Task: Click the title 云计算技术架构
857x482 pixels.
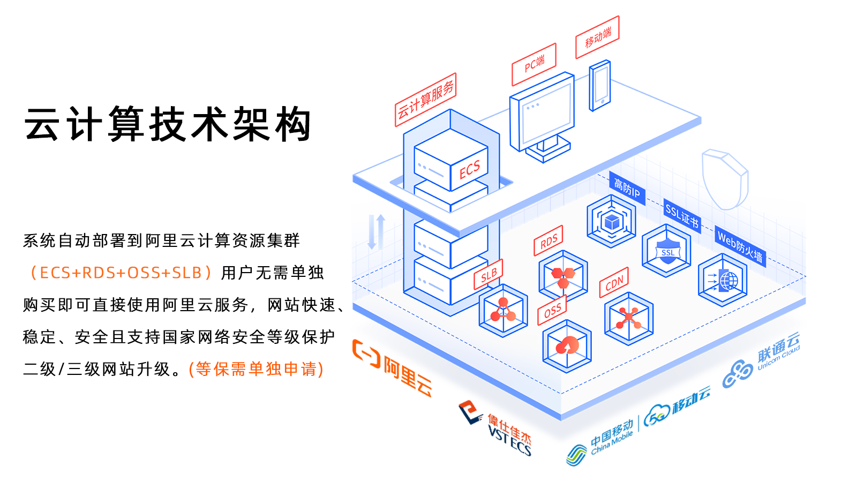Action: pos(168,124)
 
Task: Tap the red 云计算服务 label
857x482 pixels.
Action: pos(425,100)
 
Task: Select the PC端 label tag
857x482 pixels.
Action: pos(534,64)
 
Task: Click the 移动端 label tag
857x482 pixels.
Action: pos(597,37)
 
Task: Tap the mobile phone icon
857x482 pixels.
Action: pos(600,86)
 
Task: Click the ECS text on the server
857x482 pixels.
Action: pos(470,170)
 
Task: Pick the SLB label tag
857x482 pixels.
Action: pos(488,275)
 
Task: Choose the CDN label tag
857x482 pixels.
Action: pos(614,282)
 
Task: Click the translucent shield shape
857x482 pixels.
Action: pos(724,179)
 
